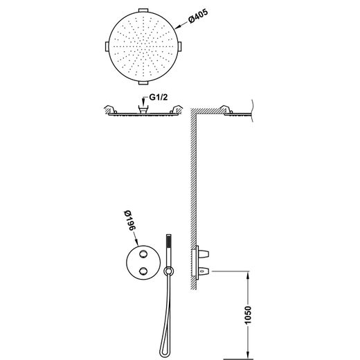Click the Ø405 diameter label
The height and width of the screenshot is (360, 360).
(198, 16)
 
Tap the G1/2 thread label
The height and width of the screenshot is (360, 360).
(159, 98)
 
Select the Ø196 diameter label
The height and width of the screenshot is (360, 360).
(130, 220)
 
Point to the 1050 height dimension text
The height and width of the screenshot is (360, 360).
(248, 315)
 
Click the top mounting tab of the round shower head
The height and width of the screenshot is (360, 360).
(143, 10)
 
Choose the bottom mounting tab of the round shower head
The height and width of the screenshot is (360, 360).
(143, 82)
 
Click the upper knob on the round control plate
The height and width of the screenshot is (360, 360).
(143, 254)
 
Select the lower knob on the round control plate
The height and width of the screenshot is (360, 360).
(143, 271)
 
